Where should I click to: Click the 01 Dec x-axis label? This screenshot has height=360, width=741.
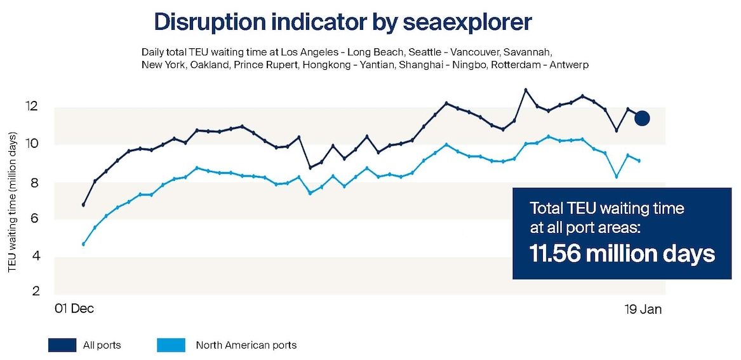(x=74, y=309)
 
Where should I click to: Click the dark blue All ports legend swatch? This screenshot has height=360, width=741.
(x=62, y=345)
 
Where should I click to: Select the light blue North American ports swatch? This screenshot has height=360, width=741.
(x=171, y=345)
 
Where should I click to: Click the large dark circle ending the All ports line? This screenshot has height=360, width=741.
(x=642, y=118)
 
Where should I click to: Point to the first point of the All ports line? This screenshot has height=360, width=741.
(x=83, y=205)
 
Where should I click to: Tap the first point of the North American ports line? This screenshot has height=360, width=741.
(x=83, y=244)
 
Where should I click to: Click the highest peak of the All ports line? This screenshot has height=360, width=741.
(x=525, y=90)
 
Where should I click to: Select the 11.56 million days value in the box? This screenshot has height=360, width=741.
(x=622, y=254)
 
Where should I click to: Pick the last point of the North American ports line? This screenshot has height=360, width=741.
(x=639, y=161)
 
